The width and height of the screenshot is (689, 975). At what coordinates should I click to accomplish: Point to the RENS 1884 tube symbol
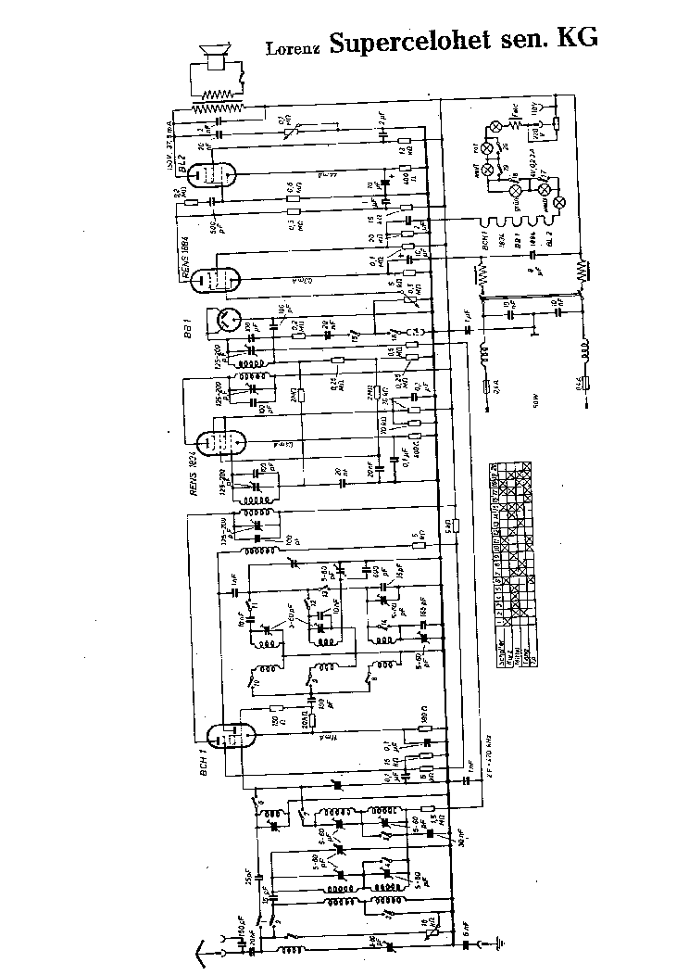coord(219,275)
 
